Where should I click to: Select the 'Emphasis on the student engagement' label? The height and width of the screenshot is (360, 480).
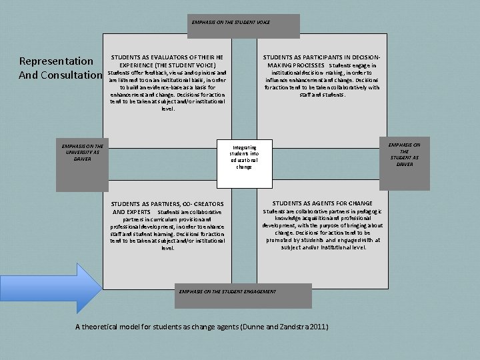[228, 291]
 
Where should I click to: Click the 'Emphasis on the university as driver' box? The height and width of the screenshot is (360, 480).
[80, 151]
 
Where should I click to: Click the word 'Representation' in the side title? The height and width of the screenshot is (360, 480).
[56, 61]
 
